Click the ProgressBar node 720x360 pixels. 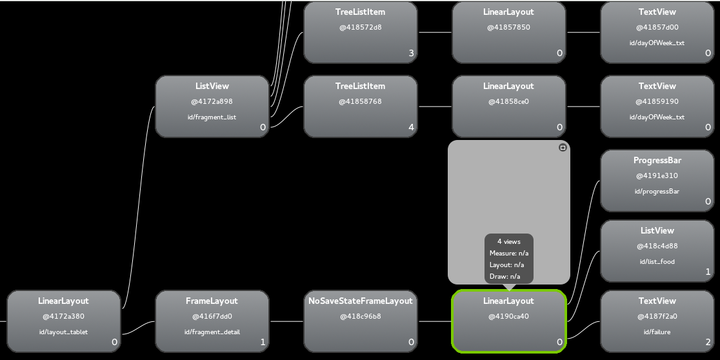657,181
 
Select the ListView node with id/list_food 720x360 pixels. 657,251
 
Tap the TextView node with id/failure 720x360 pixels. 657,321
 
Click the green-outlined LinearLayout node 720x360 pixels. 508,321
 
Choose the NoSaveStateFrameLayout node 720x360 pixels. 360,321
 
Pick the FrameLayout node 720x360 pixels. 212,321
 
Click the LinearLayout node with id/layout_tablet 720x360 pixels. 63,321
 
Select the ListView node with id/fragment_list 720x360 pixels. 212,106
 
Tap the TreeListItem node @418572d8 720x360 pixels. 360,32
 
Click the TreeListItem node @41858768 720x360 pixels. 360,106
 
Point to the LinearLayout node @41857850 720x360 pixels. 508,32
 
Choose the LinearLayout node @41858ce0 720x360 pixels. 508,106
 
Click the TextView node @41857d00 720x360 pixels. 657,32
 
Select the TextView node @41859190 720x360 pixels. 657,106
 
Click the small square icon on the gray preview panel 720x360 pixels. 563,148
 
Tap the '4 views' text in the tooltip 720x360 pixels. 508,241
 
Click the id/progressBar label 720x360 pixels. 657,191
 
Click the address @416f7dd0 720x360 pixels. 212,316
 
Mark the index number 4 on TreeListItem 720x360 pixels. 412,128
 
